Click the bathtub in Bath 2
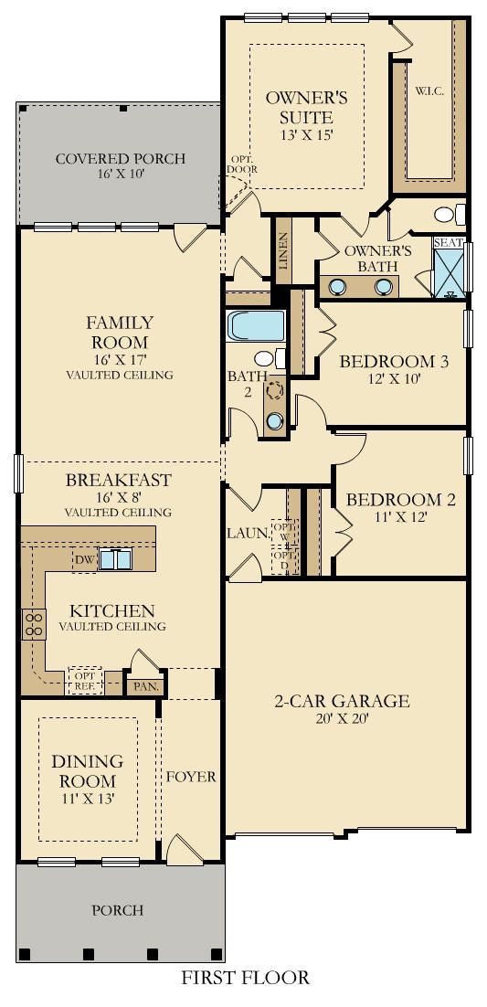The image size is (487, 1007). coord(255,325)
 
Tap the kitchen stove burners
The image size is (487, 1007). coord(34,623)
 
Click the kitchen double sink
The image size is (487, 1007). coord(115,559)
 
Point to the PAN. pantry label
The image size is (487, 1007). coord(145,686)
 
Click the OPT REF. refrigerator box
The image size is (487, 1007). coord(85,680)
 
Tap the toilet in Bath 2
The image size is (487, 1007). coord(270,358)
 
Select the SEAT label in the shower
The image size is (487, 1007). coord(447,243)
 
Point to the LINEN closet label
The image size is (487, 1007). coord(283,250)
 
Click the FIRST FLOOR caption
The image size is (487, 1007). coord(244,978)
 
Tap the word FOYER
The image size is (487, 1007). coord(191,777)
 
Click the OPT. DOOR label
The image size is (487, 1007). coord(242,165)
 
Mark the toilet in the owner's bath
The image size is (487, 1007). coord(450,214)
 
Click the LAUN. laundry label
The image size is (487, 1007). coord(246,533)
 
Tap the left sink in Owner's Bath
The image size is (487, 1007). coord(337,286)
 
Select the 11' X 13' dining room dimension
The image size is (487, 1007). coord(88,799)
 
